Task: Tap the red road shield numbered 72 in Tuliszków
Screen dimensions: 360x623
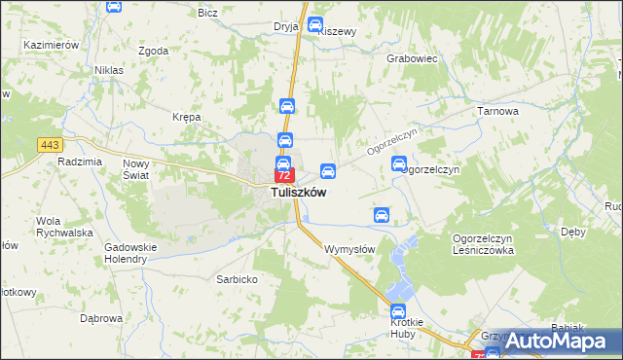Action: coord(284,176)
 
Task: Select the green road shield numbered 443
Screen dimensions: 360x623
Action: coord(52,145)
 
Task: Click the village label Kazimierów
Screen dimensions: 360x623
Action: coord(53,46)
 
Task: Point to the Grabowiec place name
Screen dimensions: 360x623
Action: coord(413,58)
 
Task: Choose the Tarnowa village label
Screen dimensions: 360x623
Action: coord(497,112)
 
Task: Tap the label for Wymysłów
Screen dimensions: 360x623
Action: coord(349,249)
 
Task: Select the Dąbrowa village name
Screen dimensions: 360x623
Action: coord(101,318)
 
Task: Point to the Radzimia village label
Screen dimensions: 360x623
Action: coord(80,162)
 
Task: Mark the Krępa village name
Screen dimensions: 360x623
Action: coord(186,117)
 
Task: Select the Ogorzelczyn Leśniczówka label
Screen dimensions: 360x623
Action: coord(483,244)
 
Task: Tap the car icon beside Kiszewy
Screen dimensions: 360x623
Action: coord(314,26)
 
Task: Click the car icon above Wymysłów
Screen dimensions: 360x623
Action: coord(383,215)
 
